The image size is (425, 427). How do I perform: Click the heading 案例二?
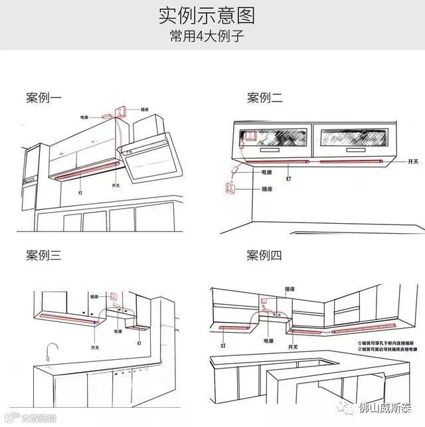coord(264,98)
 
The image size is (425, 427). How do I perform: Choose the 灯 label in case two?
coord(288,179)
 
